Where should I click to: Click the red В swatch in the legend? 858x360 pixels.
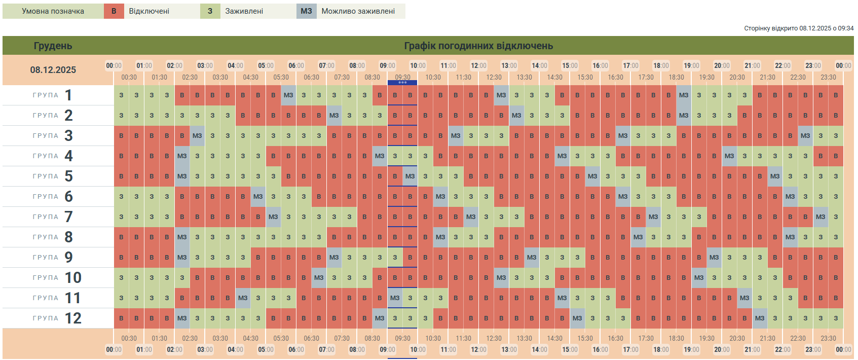click(114, 11)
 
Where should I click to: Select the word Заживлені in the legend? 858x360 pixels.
click(244, 11)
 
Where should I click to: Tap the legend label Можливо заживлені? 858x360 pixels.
click(358, 11)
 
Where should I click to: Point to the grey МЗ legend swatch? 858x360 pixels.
click(306, 11)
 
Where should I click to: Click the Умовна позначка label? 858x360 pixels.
click(53, 11)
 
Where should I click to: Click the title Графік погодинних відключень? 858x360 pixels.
click(478, 46)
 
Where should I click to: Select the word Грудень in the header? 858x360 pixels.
click(53, 46)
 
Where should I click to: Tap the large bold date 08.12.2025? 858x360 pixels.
click(53, 70)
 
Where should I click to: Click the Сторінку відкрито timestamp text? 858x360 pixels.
click(798, 28)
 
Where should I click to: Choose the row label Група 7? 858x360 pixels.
click(53, 217)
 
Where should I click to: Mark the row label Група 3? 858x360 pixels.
click(53, 136)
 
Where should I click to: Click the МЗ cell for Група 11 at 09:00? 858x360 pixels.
click(395, 298)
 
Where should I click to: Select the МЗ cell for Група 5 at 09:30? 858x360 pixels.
click(410, 176)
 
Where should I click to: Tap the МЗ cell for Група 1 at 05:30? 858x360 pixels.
click(288, 95)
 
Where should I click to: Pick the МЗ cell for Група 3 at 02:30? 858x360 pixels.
click(197, 136)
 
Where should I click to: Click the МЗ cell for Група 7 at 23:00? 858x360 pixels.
click(820, 217)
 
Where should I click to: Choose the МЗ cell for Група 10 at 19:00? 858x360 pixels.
click(699, 278)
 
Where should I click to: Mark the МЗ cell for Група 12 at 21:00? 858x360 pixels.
click(760, 318)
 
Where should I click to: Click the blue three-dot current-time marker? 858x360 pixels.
click(402, 82)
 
